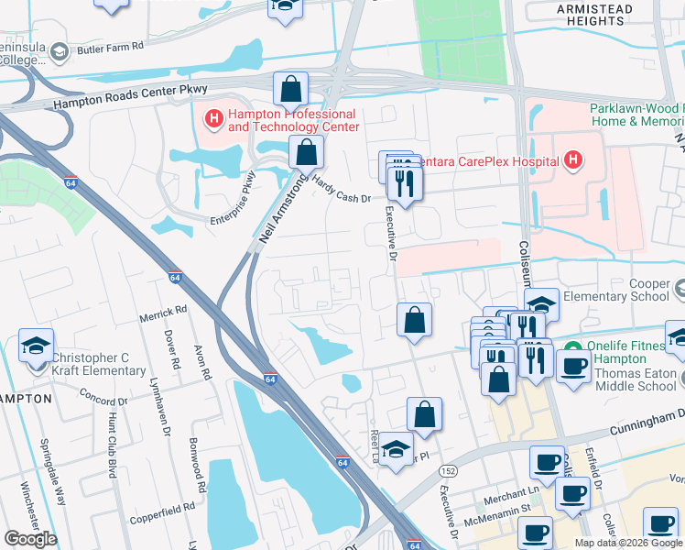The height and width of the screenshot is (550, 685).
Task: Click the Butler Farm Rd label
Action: pyautogui.click(x=111, y=45)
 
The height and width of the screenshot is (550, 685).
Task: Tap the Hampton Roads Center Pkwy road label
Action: pyautogui.click(x=131, y=94)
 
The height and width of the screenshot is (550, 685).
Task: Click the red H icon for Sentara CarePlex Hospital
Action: pyautogui.click(x=573, y=161)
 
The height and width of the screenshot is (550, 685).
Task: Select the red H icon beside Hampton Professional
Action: pyautogui.click(x=213, y=117)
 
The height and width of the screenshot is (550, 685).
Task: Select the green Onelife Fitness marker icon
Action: pyautogui.click(x=574, y=350)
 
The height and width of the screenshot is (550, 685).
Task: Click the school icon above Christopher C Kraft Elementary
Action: pyautogui.click(x=37, y=345)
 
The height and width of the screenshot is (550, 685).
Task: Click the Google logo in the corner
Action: pyautogui.click(x=30, y=539)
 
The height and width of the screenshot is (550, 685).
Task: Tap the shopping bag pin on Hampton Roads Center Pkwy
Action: pyautogui.click(x=290, y=90)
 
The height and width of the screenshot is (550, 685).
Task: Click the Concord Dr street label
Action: pyautogui.click(x=103, y=401)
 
